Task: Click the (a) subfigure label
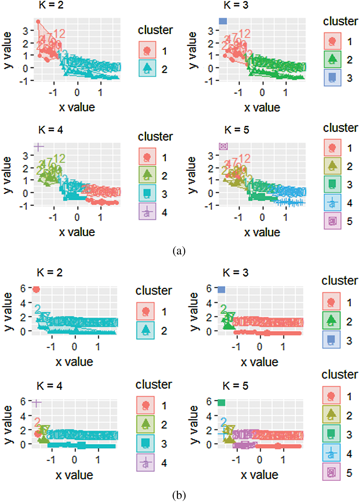[179, 251]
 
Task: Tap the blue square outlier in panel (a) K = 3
[223, 21]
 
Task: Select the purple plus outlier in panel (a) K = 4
[39, 147]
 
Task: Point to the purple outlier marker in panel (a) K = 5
[223, 146]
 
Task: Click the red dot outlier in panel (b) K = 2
[36, 289]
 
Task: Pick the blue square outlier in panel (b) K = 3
[221, 289]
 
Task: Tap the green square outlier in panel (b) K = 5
[221, 403]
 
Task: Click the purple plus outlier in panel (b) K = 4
[37, 403]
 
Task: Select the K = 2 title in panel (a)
[51, 5]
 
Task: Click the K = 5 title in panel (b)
[235, 386]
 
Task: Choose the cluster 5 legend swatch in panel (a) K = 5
[332, 221]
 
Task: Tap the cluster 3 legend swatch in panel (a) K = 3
[332, 78]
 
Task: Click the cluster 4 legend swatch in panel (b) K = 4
[146, 463]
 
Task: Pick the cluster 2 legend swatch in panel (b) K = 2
[146, 330]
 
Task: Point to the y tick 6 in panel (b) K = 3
[209, 289]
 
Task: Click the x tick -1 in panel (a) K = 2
[53, 93]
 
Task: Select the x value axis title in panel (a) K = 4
[77, 232]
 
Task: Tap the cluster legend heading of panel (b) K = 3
[340, 280]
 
